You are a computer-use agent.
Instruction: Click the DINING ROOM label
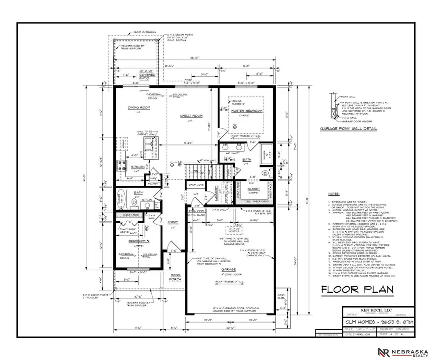139,108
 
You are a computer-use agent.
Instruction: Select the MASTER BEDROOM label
247,111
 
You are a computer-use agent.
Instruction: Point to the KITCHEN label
138,167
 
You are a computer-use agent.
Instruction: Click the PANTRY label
153,183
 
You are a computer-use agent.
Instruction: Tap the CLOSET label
254,189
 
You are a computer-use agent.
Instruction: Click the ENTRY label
172,222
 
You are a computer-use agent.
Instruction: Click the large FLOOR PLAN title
357,289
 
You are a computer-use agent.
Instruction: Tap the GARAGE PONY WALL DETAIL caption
348,129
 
